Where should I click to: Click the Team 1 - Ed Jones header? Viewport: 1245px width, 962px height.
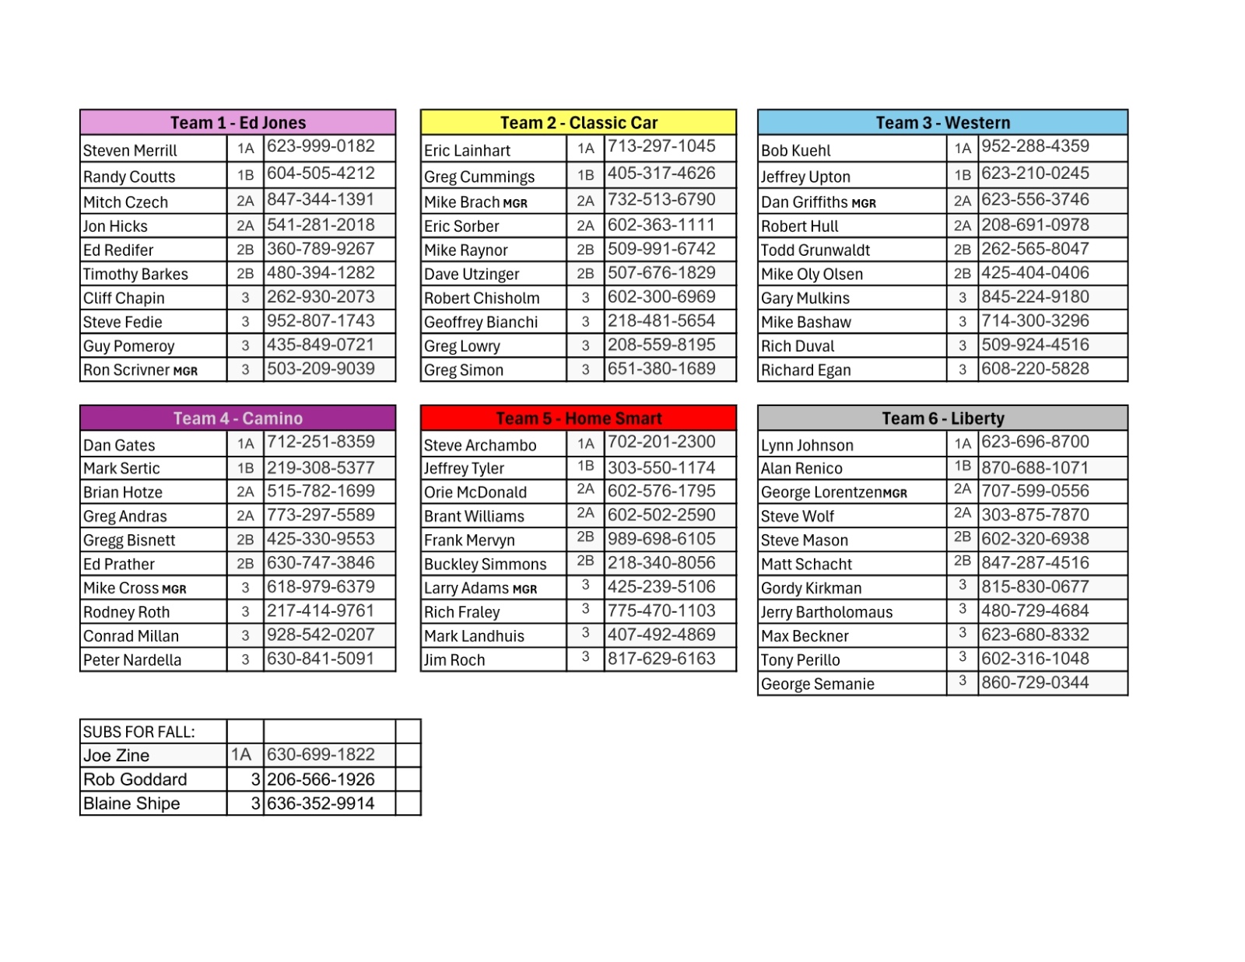(237, 123)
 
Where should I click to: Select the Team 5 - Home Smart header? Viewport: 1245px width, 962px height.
(578, 418)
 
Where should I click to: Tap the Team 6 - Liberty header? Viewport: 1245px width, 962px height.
(942, 418)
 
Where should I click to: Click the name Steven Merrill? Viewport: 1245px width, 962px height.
(130, 150)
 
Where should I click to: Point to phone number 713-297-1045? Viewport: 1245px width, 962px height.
(661, 146)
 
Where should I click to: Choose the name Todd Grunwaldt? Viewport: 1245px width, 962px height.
(815, 250)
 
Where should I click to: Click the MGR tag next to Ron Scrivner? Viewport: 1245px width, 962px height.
(185, 371)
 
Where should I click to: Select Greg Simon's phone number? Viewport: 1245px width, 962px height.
(661, 369)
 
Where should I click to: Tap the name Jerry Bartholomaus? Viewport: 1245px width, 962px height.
(826, 612)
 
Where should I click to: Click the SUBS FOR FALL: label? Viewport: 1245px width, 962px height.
(139, 732)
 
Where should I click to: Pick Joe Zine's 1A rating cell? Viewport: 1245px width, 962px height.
(241, 754)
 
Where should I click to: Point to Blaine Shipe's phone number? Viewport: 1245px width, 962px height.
(321, 803)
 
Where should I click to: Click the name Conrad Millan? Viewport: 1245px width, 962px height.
(131, 636)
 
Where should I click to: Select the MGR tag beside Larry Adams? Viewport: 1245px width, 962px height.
(524, 589)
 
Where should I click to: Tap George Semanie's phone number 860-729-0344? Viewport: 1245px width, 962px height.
(1034, 683)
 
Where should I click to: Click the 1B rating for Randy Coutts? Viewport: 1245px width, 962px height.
(245, 175)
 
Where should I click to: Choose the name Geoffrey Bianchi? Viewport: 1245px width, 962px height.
(481, 322)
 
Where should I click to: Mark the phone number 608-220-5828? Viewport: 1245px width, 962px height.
(1034, 369)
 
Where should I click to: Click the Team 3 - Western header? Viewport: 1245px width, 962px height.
(942, 123)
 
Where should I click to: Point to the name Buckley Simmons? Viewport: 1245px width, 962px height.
(485, 564)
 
